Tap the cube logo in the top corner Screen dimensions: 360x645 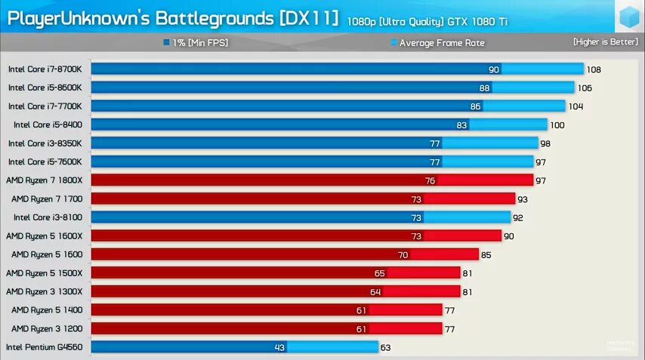628,17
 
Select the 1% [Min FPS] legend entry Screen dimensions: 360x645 196,43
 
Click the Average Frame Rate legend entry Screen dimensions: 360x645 437,43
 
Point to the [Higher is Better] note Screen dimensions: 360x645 605,42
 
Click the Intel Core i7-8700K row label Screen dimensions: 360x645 45,69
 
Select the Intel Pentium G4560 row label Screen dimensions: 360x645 44,347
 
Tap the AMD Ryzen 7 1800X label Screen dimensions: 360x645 44,180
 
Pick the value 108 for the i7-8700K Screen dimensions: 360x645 594,69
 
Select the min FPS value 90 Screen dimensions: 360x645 494,69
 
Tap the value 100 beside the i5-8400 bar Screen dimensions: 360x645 557,125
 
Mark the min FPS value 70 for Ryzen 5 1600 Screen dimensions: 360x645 403,254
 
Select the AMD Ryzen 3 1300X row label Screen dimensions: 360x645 44,291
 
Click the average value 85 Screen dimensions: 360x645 487,254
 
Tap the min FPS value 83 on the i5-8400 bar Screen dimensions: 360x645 462,125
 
